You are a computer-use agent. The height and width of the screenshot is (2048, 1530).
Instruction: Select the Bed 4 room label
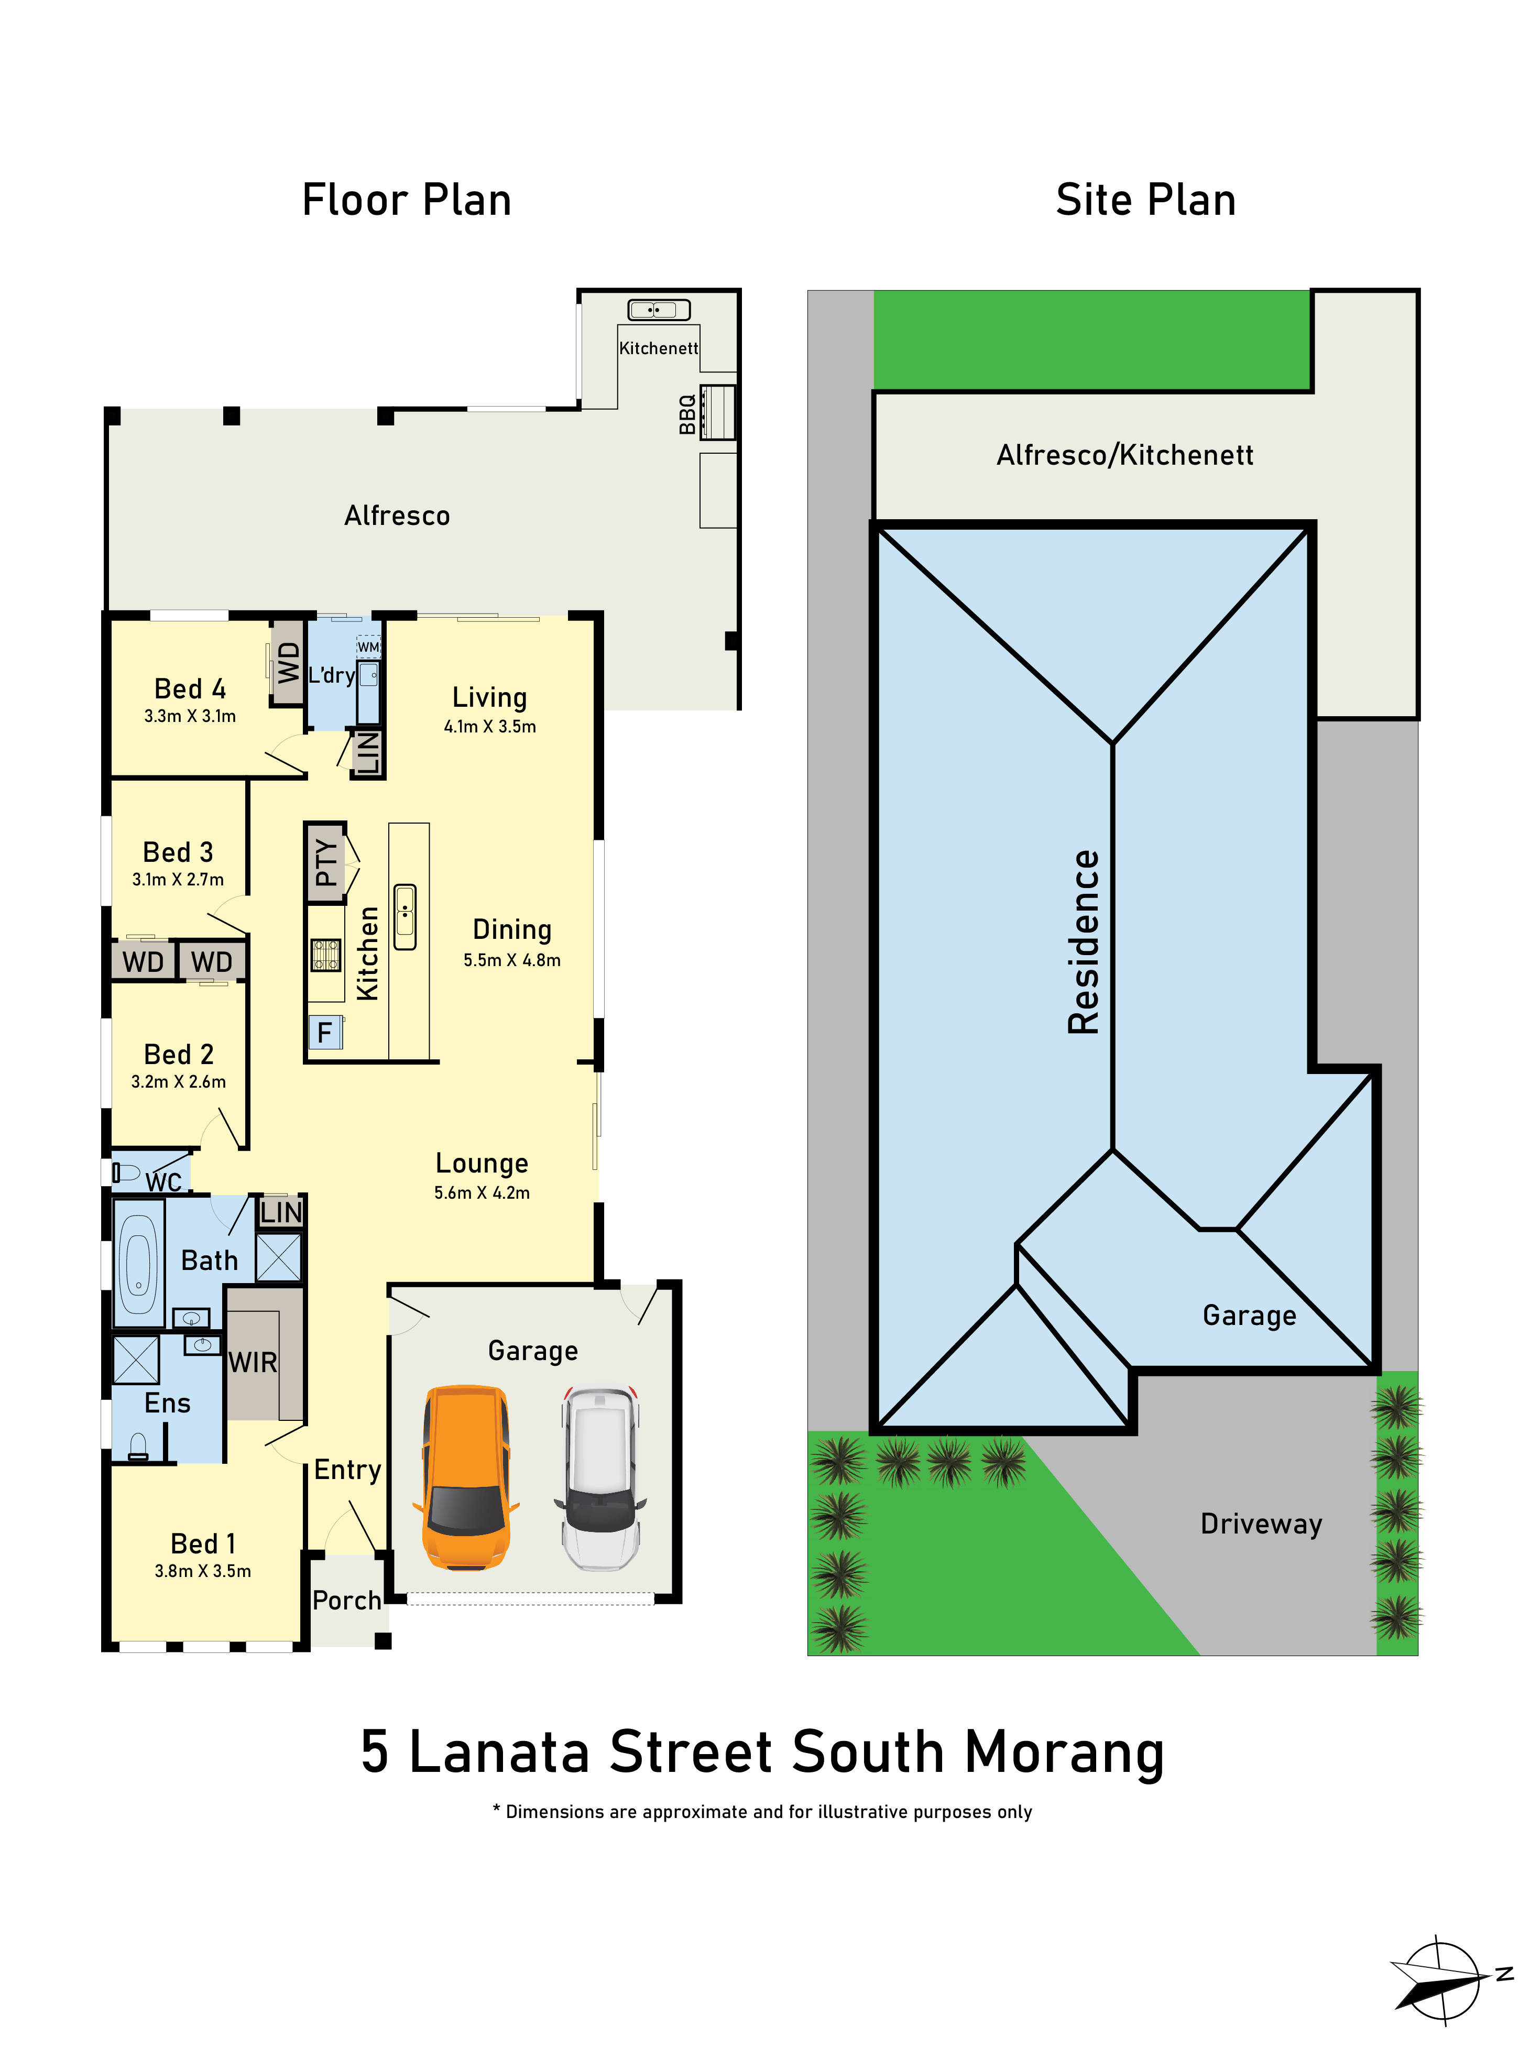pos(190,689)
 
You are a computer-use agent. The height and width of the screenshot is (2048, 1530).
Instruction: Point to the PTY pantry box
pos(326,863)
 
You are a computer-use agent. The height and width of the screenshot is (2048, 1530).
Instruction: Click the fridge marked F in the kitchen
pos(324,1032)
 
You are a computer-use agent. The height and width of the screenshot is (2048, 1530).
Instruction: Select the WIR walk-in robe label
pos(253,1363)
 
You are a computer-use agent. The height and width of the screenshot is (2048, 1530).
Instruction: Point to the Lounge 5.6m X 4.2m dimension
pos(482,1192)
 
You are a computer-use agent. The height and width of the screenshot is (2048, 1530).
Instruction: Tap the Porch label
pos(346,1601)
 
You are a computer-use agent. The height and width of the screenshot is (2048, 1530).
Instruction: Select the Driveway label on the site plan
pos(1261,1524)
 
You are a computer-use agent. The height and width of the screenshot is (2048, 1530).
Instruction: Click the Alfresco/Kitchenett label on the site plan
pos(1124,455)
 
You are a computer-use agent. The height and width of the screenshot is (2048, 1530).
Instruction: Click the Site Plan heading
pos(1145,200)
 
